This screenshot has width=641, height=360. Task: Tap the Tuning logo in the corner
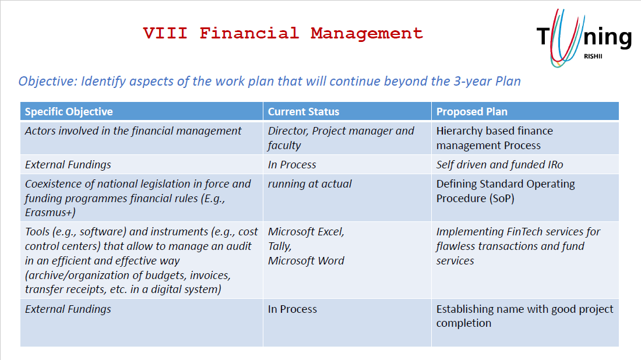584,38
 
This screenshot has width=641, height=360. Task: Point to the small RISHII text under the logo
593,57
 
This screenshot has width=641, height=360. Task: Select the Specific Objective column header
69,112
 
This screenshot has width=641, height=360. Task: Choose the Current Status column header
304,112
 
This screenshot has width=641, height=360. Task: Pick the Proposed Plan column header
472,112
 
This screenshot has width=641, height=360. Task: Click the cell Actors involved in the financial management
133,130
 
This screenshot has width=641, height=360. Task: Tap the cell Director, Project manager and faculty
341,138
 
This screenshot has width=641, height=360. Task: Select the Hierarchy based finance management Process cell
495,138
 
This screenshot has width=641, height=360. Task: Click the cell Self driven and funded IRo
499,165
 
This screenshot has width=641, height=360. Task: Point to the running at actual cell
309,184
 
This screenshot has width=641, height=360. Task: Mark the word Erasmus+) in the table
50,213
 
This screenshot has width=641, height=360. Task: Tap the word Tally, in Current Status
280,246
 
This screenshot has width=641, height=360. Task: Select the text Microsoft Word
306,261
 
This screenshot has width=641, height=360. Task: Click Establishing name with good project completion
525,316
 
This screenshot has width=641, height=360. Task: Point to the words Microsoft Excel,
306,232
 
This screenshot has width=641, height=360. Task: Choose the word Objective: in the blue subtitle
48,82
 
